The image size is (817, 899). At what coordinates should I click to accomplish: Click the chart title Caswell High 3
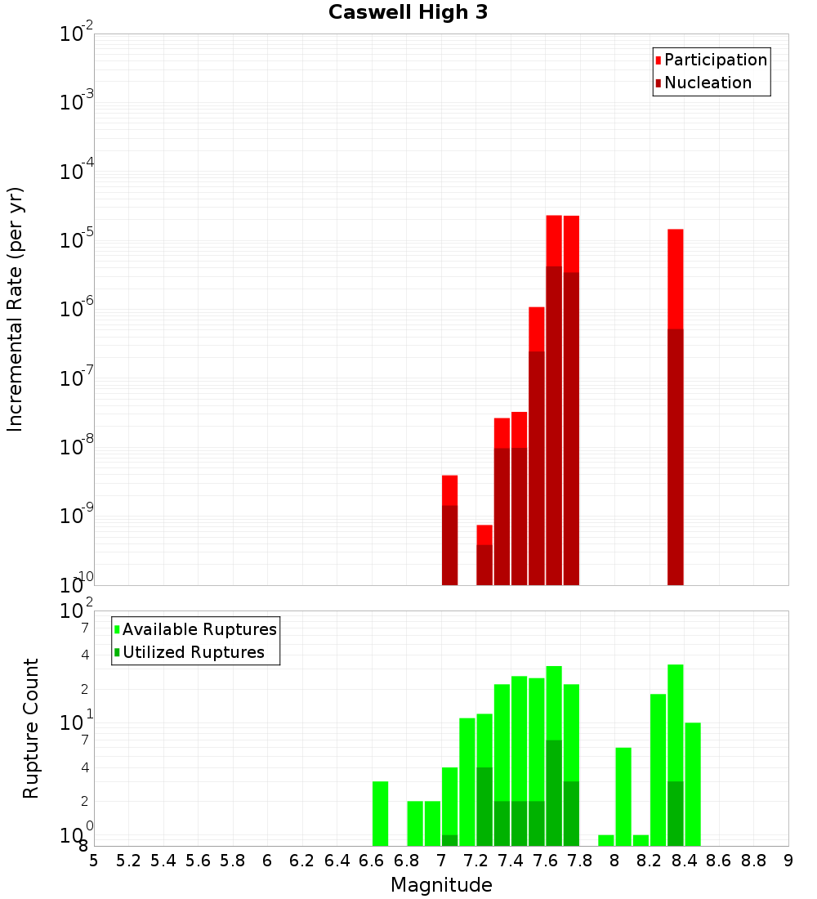point(408,13)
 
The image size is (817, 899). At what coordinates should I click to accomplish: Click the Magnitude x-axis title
point(441,885)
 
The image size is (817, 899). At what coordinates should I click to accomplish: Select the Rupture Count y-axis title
point(31,728)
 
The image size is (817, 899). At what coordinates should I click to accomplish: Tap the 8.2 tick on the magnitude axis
point(650,861)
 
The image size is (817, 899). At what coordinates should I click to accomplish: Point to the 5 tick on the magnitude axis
point(94,861)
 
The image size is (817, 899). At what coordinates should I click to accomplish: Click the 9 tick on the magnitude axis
point(788,861)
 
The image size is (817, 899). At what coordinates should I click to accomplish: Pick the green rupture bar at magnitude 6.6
point(380,813)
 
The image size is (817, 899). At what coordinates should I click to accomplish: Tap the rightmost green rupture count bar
point(693,785)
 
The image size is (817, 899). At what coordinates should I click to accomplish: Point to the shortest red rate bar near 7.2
point(484,555)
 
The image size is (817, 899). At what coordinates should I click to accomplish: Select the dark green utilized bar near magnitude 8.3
point(676,813)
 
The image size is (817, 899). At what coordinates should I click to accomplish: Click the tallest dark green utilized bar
point(554,793)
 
